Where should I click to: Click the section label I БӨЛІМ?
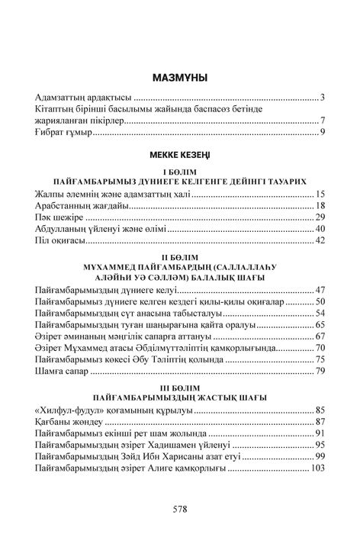coord(180,172)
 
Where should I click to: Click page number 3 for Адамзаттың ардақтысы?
coord(323,98)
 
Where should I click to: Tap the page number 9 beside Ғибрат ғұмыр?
coord(323,133)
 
